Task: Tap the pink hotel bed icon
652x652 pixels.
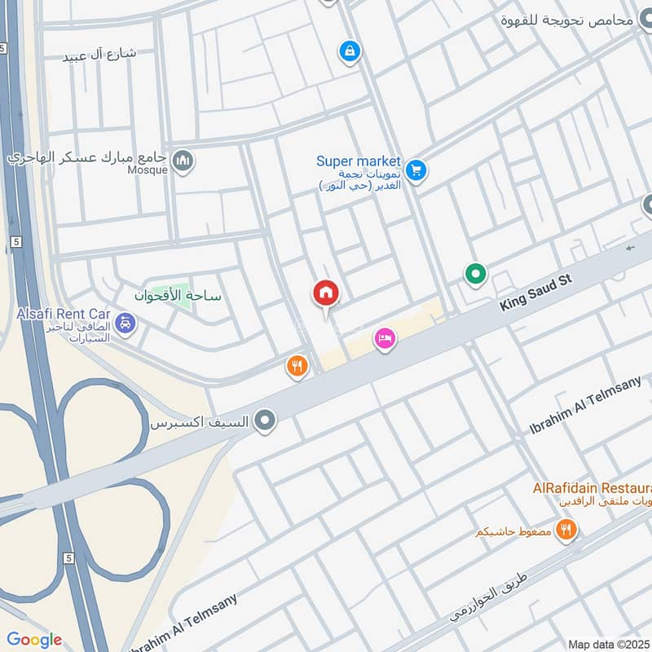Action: (385, 339)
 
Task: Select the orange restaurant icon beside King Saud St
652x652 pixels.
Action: (297, 367)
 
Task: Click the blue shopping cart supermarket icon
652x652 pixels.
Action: (416, 170)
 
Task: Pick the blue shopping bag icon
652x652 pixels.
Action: (349, 51)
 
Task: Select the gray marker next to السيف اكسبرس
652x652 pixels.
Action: (264, 421)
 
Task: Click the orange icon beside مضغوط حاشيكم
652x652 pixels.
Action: (566, 531)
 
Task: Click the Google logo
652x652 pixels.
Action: (34, 639)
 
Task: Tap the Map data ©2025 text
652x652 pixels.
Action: (608, 644)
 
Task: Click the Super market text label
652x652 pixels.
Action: (359, 161)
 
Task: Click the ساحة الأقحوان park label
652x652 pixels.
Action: (178, 296)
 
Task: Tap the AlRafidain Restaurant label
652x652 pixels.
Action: (591, 487)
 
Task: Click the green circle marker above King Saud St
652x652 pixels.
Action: (475, 275)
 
